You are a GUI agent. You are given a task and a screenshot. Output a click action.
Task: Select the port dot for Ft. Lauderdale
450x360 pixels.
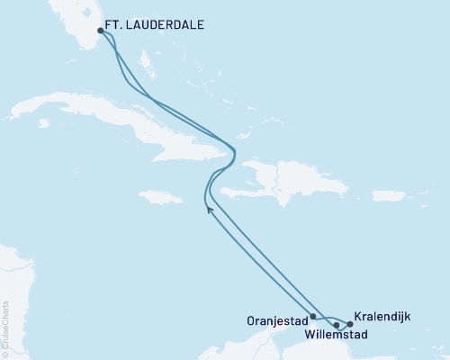point(100,30)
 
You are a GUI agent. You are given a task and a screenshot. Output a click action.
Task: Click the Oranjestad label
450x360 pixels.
point(275,319)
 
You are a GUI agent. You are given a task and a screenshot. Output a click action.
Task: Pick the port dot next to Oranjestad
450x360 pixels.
point(312,317)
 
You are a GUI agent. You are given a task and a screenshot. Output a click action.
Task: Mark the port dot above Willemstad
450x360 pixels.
point(336,324)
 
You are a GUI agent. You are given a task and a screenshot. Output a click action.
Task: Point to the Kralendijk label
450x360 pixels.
point(385,317)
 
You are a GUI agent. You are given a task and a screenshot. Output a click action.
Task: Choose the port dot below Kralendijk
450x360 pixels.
point(349,324)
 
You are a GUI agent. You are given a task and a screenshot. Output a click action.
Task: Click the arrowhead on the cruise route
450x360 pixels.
point(210,210)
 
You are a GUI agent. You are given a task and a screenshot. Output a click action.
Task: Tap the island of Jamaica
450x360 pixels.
point(159,196)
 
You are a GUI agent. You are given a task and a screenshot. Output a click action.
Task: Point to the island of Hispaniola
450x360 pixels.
point(279,180)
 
